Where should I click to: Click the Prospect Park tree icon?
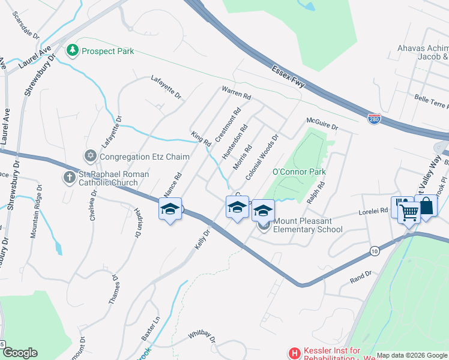coord(73,51)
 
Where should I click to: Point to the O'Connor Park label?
coord(299,172)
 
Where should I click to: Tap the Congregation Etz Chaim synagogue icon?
coord(91,157)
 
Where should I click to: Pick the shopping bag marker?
coord(426,206)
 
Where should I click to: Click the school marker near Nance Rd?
coord(170,209)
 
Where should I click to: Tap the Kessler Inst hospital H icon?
coord(294,353)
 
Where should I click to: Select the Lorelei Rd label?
coord(373,211)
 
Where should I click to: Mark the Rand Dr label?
coord(361,274)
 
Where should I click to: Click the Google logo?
coord(20,353)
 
